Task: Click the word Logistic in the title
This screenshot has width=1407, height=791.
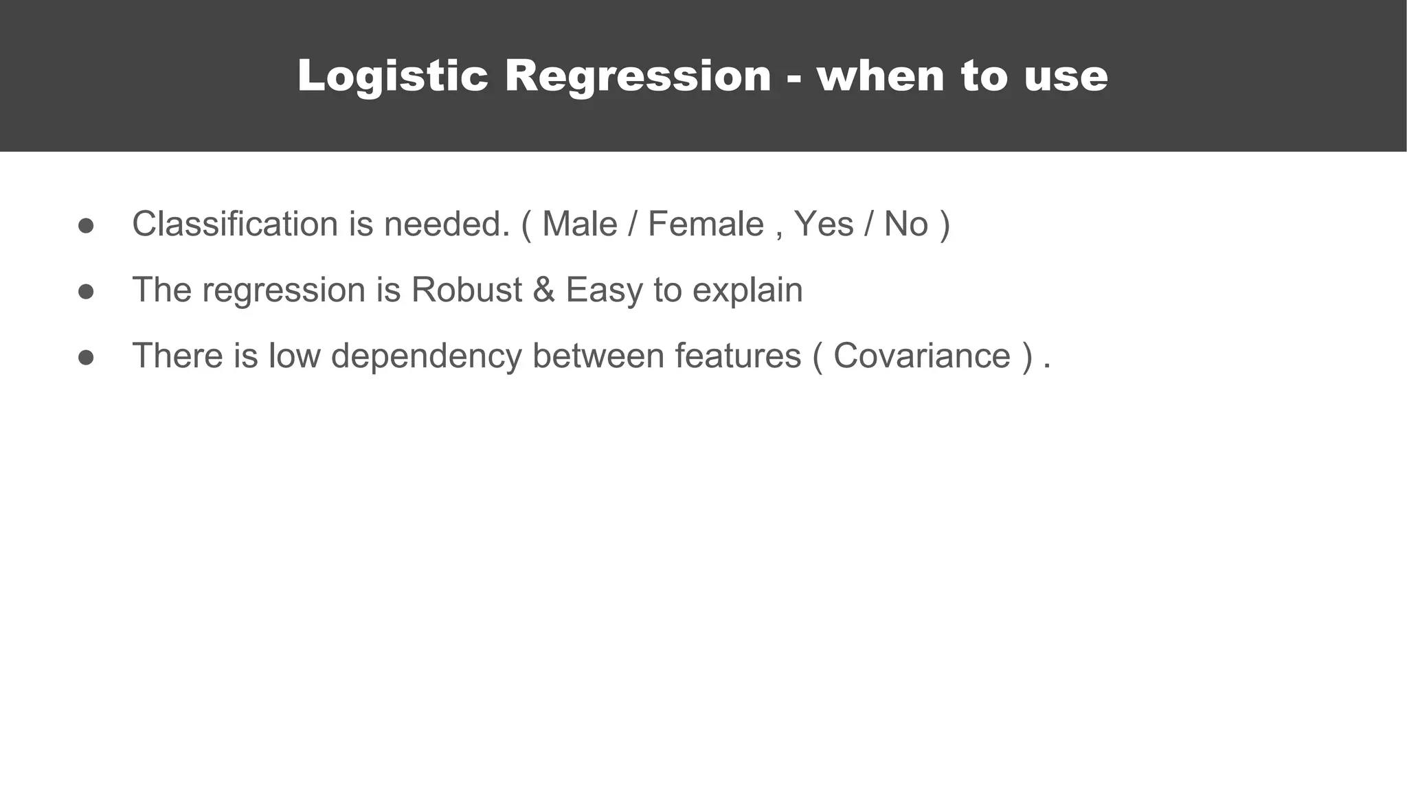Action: pyautogui.click(x=392, y=76)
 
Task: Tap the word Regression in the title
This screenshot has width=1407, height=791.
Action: pyautogui.click(x=638, y=76)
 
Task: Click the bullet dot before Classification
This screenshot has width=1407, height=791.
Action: pyautogui.click(x=86, y=226)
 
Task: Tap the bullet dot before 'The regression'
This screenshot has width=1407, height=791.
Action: pyautogui.click(x=86, y=292)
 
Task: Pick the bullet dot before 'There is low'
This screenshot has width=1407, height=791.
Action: pyautogui.click(x=86, y=357)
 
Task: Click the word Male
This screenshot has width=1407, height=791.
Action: pyautogui.click(x=580, y=224)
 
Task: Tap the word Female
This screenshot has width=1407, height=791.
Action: pyautogui.click(x=706, y=224)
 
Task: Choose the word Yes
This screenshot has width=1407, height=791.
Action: pyautogui.click(x=824, y=224)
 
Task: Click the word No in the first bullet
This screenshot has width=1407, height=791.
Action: pyautogui.click(x=905, y=224)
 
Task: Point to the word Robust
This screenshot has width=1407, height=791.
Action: pyautogui.click(x=466, y=290)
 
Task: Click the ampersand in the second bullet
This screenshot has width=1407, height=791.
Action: pyautogui.click(x=543, y=290)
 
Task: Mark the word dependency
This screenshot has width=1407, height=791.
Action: pyautogui.click(x=427, y=356)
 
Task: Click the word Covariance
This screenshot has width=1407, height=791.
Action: pyautogui.click(x=922, y=356)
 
